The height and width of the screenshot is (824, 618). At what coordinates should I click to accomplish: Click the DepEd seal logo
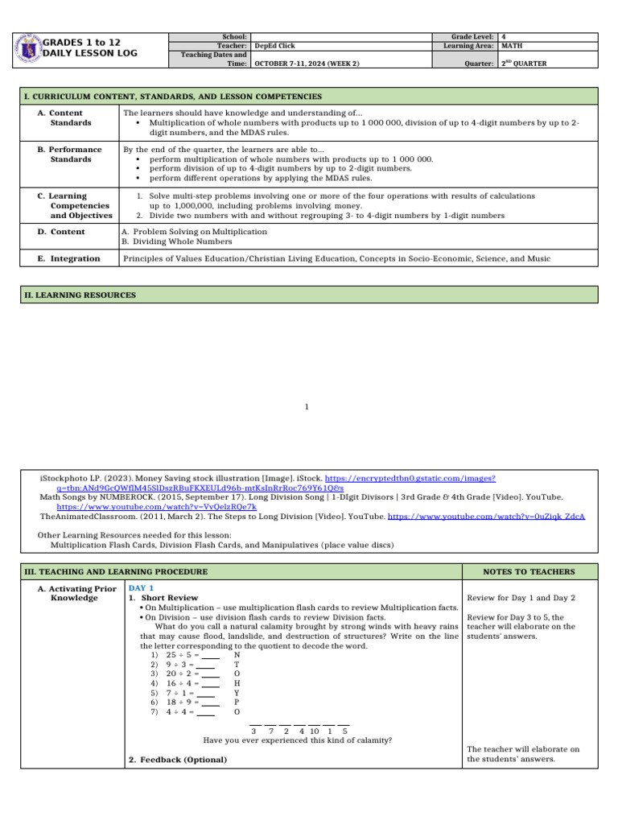coord(29,47)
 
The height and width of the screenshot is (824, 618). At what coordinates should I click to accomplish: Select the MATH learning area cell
coord(512,46)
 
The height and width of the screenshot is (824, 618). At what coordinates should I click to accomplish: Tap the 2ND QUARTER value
coord(524,64)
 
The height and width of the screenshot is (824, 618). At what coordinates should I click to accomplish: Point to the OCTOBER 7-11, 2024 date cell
coord(307,64)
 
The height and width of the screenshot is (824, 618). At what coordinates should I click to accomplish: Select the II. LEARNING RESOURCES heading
coord(80,295)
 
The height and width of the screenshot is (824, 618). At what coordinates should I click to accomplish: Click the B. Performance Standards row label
coord(71,154)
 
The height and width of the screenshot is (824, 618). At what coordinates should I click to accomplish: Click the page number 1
coord(307,407)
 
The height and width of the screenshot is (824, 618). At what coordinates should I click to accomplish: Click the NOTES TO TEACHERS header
coord(529,571)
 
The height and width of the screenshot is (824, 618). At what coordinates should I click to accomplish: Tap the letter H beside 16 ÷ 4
coord(237,682)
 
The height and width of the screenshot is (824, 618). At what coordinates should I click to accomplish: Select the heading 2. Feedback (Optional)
coord(177,760)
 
